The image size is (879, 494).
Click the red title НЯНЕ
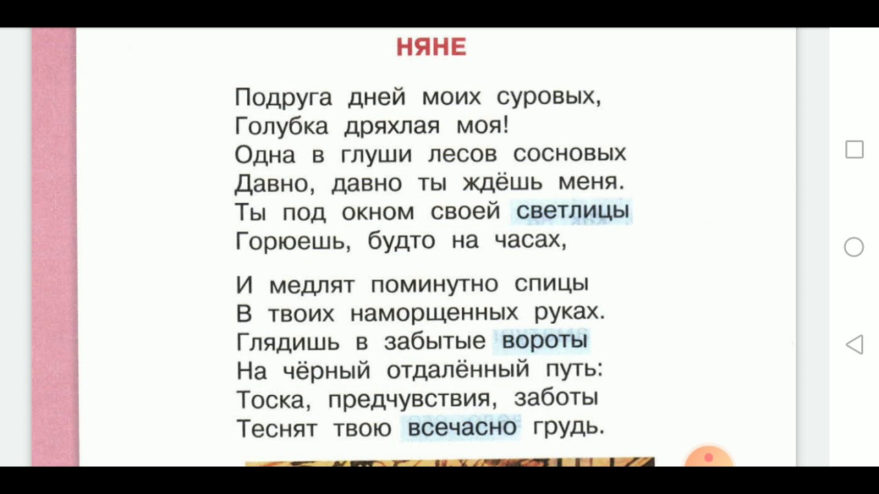(x=431, y=47)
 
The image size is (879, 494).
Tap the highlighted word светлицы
(x=572, y=211)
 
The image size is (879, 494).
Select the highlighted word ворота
(x=545, y=340)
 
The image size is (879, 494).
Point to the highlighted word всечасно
(x=461, y=427)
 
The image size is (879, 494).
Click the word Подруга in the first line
(x=283, y=97)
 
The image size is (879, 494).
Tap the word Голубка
(x=282, y=126)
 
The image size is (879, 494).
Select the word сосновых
(x=569, y=154)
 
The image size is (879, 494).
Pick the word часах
(x=529, y=241)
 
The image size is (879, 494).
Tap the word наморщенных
(x=434, y=313)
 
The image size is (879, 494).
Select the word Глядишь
(x=288, y=341)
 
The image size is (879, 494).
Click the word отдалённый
(x=458, y=370)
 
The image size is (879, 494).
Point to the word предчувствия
(x=411, y=399)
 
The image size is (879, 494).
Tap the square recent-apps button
(x=854, y=150)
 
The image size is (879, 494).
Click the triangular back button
(x=854, y=344)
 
